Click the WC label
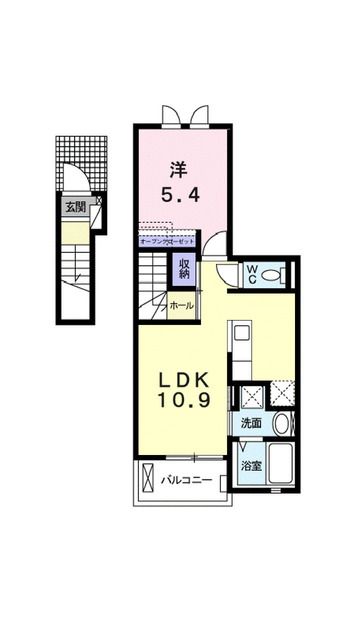pos(252,272)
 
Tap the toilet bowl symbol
pos(277,273)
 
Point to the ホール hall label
pos(182,305)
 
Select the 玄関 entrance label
pos(74,208)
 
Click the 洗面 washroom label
pos(252,424)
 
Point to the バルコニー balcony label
pos(187,481)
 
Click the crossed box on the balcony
pos(147,481)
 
